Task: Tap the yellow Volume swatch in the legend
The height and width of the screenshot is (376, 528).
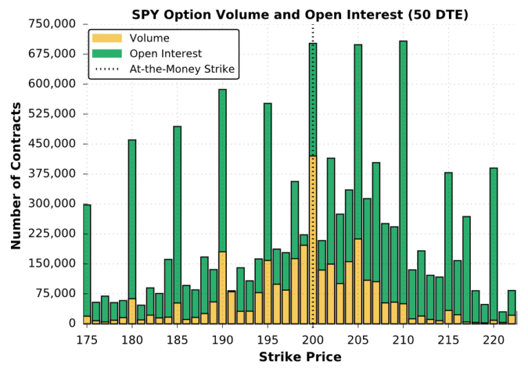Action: point(109,38)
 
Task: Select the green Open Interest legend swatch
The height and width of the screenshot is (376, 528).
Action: point(109,54)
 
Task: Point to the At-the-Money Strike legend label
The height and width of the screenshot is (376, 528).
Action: point(182,69)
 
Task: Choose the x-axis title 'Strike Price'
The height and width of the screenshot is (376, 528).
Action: point(300,357)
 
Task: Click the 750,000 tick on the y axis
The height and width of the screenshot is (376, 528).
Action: point(52,24)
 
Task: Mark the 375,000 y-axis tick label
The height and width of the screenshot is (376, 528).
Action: point(52,174)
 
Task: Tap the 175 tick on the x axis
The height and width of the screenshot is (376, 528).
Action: point(87,339)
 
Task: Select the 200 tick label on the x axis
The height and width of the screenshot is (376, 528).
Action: point(313,339)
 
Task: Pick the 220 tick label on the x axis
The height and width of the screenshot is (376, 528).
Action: point(494,339)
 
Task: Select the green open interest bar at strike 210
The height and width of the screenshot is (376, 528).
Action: point(403,172)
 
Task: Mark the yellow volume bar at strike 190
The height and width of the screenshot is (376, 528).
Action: point(223,289)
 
